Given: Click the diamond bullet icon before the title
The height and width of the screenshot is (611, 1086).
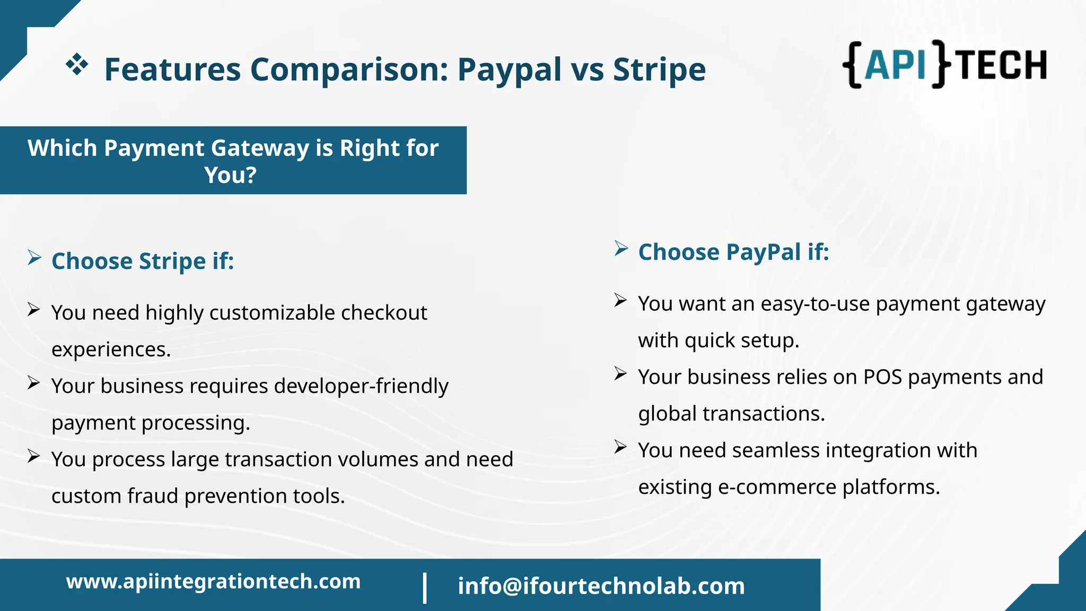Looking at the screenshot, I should tap(77, 64).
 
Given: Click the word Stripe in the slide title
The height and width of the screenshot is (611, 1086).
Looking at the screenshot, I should tap(659, 69).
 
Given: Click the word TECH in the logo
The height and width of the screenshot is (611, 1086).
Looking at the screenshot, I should tap(1002, 65).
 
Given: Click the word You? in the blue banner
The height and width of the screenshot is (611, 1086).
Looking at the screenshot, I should tap(231, 175).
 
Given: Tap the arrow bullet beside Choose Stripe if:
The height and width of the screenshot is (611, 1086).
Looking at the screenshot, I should tap(34, 258).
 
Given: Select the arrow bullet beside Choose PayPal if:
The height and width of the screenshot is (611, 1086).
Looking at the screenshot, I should tap(621, 248).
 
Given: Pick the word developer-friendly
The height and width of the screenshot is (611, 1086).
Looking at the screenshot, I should tap(361, 386).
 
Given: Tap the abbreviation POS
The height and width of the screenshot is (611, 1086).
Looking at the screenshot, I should tap(882, 377).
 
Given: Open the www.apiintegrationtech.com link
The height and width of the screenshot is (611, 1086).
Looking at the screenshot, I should tap(213, 581).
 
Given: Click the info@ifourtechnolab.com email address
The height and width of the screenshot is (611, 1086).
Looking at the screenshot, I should tap(601, 586).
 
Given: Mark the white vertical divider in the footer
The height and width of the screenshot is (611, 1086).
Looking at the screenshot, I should tap(425, 588).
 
